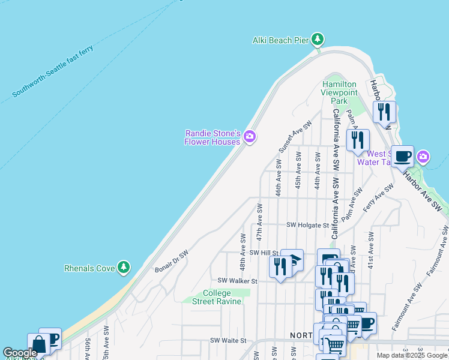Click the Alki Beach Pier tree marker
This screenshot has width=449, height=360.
[x=318, y=40]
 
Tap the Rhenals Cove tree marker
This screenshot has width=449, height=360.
[x=124, y=266]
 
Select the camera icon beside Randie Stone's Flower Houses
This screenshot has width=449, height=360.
[x=250, y=137]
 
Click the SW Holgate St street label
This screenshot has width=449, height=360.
[x=308, y=225]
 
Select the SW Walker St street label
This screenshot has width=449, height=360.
[x=237, y=280]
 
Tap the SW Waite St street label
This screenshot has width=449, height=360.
[x=228, y=340]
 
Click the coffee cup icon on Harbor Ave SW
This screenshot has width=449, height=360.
[x=402, y=156]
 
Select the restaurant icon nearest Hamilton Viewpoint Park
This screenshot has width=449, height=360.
[x=357, y=140]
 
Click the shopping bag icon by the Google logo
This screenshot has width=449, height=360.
[x=38, y=344]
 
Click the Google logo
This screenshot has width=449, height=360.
[x=20, y=353]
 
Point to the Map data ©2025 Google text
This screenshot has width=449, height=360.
[x=412, y=355]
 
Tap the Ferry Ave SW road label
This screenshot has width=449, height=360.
[x=378, y=197]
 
